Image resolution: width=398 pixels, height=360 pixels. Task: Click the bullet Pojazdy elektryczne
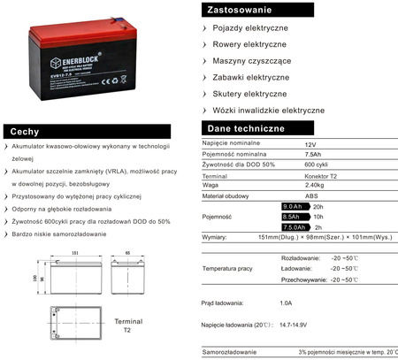coord(250,29)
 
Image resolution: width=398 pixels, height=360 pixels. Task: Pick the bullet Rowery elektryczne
coord(250,45)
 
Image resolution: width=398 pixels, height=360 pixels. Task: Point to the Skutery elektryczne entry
coord(250,93)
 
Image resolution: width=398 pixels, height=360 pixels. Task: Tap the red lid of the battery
coord(80,27)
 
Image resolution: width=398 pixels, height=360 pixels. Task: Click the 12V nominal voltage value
coord(310,143)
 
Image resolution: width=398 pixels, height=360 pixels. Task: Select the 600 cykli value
coord(317,164)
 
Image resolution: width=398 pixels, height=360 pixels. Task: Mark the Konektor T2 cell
coord(322,175)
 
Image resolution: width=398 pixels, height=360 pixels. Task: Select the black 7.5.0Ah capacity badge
coord(294,227)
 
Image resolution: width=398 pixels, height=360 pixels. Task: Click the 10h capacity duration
coord(318,217)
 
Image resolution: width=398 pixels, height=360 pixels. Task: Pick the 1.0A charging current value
coord(285,303)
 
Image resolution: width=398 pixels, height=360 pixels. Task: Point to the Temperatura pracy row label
coord(227,267)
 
